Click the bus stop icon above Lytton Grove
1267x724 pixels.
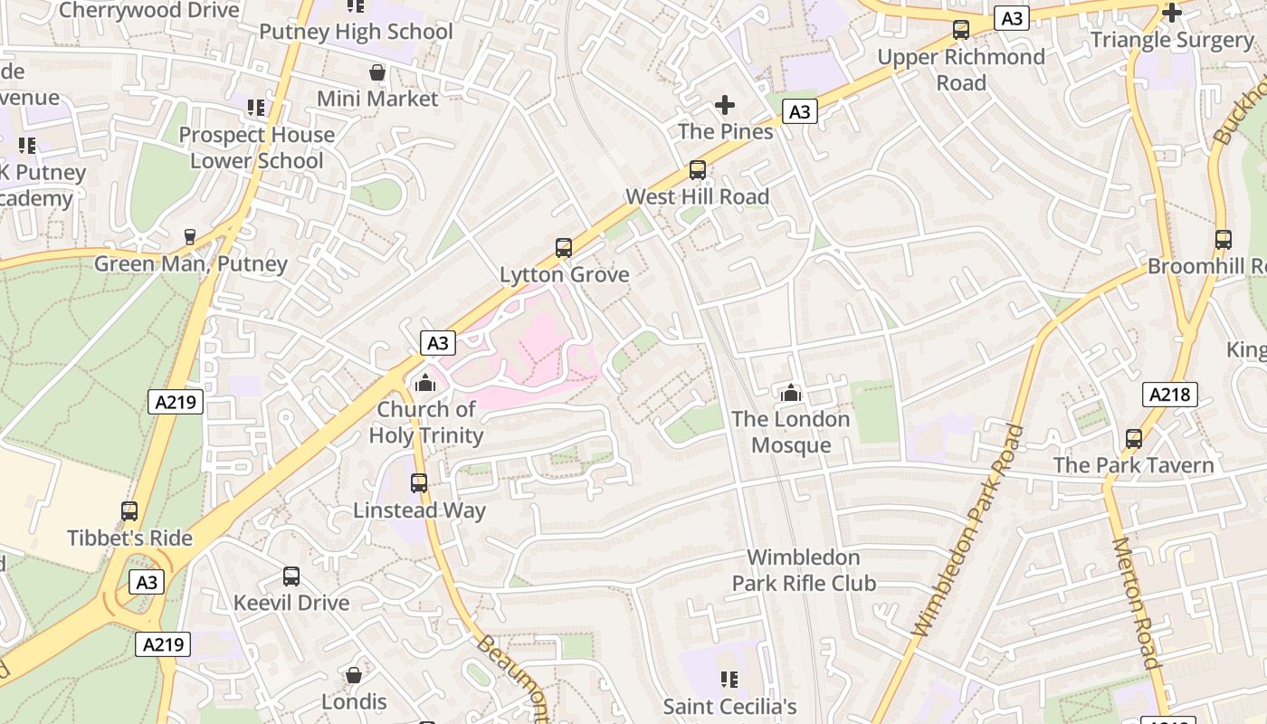tap(563, 247)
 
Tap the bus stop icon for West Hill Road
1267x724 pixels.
tap(697, 169)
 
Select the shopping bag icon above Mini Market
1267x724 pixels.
tap(377, 72)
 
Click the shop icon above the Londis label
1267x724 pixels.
tap(354, 675)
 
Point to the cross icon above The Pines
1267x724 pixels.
tap(725, 105)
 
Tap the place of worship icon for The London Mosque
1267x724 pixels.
tap(791, 393)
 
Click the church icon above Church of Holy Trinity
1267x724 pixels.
tap(424, 383)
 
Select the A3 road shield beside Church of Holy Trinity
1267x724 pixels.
tap(438, 343)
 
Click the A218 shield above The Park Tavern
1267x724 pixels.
tap(1170, 395)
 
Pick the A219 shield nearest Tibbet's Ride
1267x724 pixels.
tap(176, 402)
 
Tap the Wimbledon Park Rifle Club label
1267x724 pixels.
tap(804, 570)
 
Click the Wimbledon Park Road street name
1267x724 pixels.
tap(969, 529)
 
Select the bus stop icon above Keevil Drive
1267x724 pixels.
tap(291, 576)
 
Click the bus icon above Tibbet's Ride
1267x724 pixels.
tap(129, 511)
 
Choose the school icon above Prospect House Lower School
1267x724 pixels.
tap(256, 108)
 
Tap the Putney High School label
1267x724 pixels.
tap(356, 32)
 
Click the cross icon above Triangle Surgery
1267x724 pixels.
tap(1172, 13)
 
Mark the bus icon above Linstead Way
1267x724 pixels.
tap(418, 483)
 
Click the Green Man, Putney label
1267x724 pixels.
tap(191, 264)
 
